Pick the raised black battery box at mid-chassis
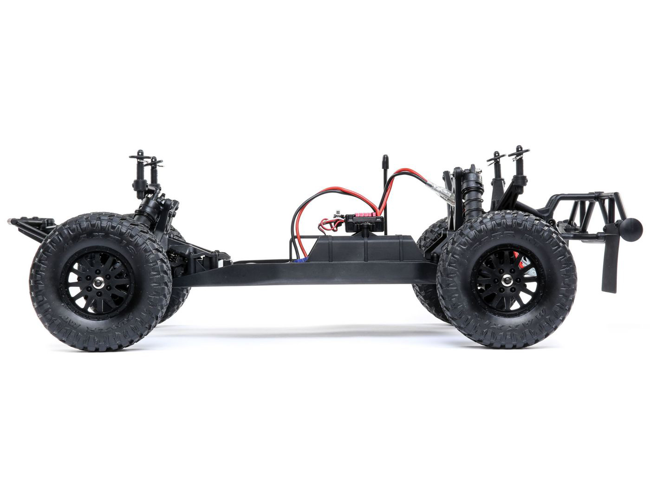(x=364, y=249)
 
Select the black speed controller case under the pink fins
(x=364, y=225)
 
